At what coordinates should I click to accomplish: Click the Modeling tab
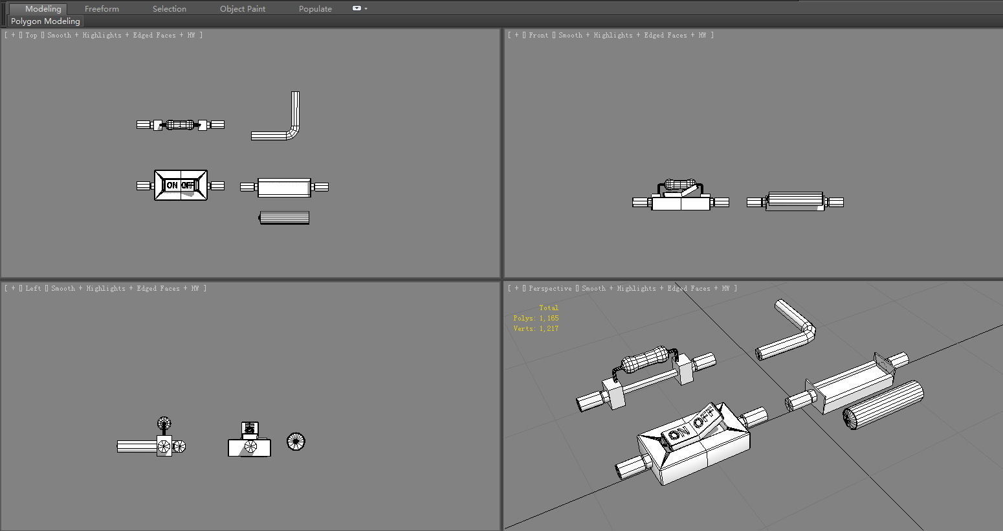coord(43,9)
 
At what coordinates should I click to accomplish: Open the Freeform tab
coord(102,9)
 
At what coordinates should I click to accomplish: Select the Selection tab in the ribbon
coord(169,9)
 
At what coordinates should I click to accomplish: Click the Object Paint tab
coord(242,9)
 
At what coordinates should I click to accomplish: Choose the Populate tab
coord(315,9)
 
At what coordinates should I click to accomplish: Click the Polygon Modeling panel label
coord(45,21)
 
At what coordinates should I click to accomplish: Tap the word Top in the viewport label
coord(32,36)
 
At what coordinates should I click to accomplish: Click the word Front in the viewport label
coord(538,36)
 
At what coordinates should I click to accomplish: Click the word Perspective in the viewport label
coord(550,289)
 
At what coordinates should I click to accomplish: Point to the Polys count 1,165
coord(549,319)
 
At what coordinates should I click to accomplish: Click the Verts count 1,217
coord(549,329)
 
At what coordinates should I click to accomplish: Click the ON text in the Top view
coord(172,185)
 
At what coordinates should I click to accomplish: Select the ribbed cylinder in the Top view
coord(284,218)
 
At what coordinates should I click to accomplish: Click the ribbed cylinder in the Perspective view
coord(883,404)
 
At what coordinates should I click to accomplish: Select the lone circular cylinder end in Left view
coord(295,442)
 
